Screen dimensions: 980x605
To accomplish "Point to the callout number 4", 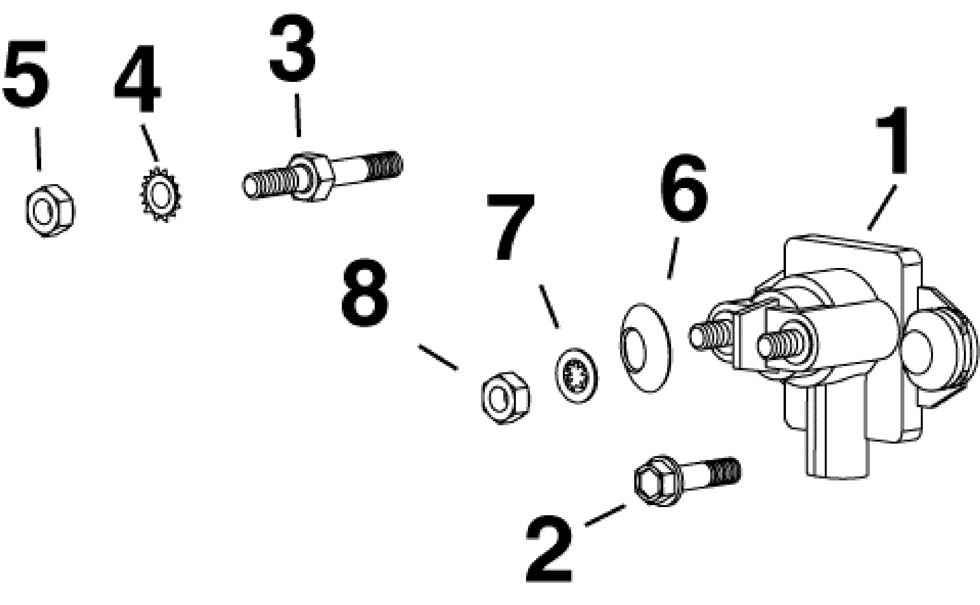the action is pos(138,79).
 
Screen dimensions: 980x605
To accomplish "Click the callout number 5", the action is pos(25,74).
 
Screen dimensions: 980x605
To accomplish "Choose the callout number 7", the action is pos(511,228).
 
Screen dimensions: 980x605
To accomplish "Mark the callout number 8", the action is pos(365,292).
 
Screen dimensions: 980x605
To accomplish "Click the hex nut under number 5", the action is pos(48,210).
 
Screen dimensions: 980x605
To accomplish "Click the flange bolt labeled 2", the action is pos(687,480).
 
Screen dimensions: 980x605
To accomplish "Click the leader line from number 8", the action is pos(438,357).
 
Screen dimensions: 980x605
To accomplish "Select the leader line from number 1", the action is pos(882,207).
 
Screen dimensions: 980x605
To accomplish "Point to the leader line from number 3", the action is pos(298,116).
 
